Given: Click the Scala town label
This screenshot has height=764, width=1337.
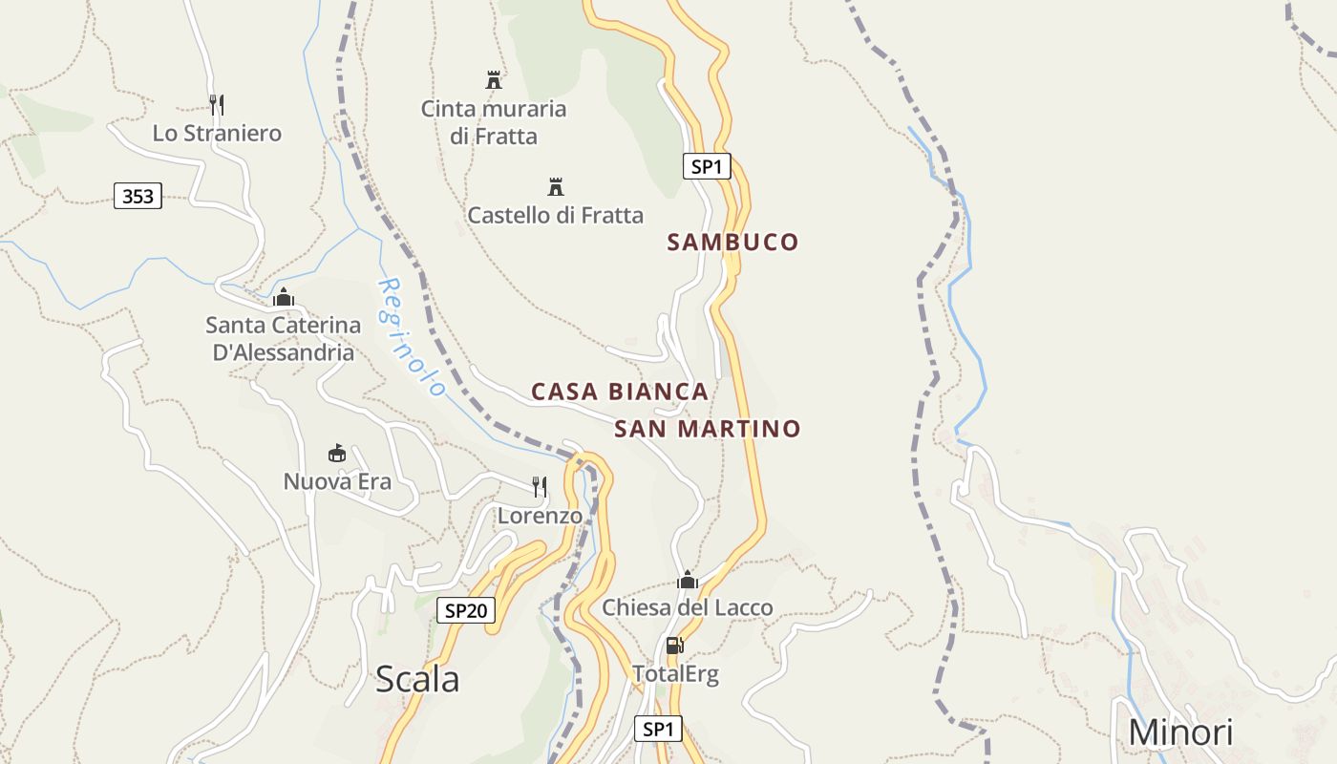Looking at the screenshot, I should tap(417, 679).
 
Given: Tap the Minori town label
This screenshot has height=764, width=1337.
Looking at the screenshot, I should tap(1180, 732).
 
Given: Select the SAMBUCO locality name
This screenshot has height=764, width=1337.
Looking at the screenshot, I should tap(732, 243).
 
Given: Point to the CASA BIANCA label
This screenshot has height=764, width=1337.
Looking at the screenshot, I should tap(620, 392).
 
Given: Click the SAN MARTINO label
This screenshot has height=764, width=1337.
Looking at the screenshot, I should tap(707, 429).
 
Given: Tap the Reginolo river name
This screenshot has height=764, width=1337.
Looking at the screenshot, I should tap(413, 337).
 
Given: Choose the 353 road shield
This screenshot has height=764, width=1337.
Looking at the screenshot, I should tap(138, 197).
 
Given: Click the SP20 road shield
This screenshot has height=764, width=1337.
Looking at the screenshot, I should tap(466, 610).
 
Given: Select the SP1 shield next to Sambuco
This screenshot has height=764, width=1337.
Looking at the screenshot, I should tap(707, 166).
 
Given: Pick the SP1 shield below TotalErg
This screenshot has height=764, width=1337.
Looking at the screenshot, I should tap(658, 730).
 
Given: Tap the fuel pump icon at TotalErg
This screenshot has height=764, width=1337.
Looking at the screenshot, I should tap(674, 646).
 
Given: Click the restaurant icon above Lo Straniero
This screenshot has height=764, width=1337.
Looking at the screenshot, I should tap(217, 104).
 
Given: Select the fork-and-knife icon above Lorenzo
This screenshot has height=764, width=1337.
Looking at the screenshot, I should tap(540, 487).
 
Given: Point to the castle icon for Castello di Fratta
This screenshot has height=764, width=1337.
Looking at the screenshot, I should tap(556, 186).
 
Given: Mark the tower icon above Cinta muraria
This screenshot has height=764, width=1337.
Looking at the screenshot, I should tap(494, 80).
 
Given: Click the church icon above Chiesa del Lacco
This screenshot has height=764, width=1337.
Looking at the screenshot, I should tap(688, 580).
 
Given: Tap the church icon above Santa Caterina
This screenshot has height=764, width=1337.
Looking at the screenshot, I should tap(283, 297).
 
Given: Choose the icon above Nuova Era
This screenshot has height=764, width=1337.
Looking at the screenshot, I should tap(336, 453).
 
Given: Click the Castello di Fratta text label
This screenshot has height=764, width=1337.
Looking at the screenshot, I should tap(556, 216).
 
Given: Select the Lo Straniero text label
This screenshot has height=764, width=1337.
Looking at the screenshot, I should tap(217, 134).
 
